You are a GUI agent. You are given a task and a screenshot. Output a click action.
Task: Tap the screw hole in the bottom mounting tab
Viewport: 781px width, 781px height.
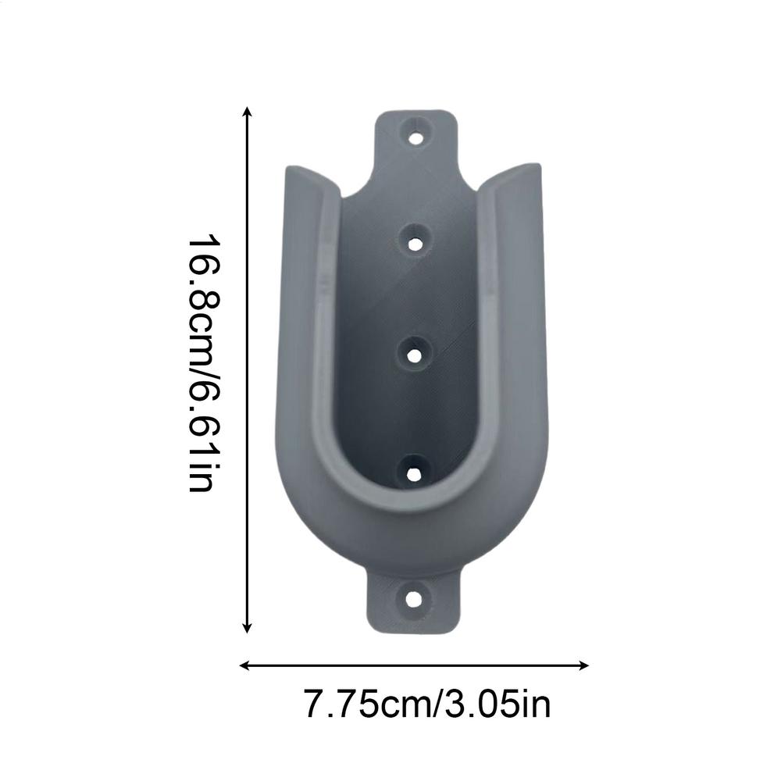413,600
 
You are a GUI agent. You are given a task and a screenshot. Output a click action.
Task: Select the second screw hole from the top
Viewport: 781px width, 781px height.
416,241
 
